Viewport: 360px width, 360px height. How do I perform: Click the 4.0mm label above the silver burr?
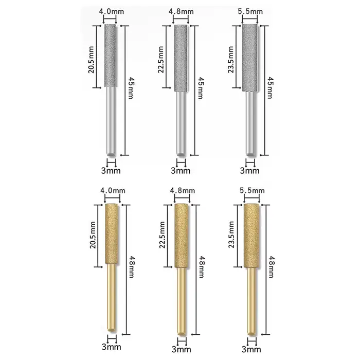(112, 11)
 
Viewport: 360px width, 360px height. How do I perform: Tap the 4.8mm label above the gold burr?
(183, 191)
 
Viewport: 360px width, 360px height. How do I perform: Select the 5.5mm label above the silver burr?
(250, 11)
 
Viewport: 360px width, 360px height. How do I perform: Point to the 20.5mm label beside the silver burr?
(91, 60)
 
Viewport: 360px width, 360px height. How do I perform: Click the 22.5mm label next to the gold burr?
(162, 235)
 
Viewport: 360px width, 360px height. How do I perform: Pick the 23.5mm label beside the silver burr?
(231, 60)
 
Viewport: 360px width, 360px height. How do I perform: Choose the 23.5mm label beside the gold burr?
(231, 235)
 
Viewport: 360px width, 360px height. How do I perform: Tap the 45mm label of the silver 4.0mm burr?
(131, 88)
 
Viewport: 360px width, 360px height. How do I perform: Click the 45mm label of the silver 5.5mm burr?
(271, 88)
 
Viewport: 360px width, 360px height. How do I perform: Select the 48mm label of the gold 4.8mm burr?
(202, 267)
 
